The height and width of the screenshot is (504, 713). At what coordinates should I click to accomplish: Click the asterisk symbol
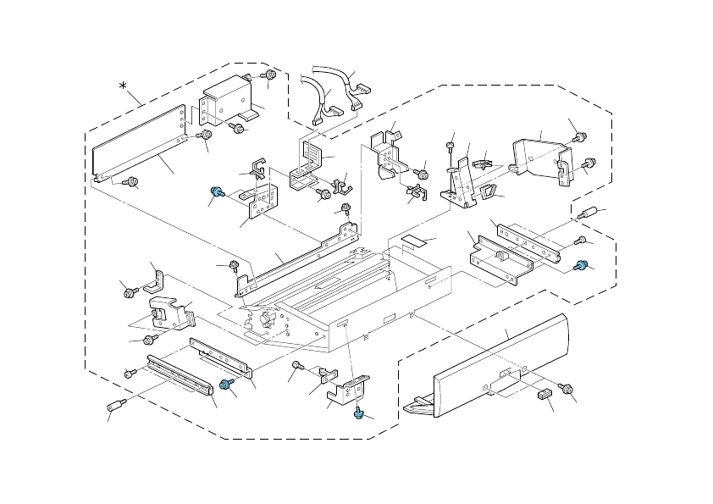coord(124,87)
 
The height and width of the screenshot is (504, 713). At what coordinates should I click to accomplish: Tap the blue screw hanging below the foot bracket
coord(359,413)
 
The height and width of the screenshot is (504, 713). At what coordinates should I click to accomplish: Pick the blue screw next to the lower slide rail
coord(226,385)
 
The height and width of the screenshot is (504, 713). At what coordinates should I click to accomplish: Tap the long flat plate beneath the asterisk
coord(139,144)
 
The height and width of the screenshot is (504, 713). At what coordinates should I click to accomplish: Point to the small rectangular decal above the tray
coord(414,241)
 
